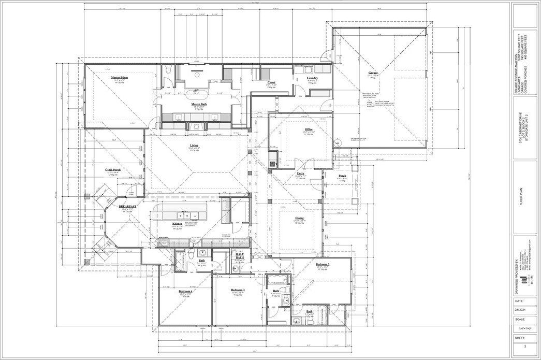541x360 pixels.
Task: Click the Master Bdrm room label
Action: point(120,77)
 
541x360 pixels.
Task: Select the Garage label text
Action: point(373,73)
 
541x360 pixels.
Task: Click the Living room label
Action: point(194,146)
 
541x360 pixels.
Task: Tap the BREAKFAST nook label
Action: point(127,206)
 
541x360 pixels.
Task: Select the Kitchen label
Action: point(178,224)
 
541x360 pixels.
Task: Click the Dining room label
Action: point(299,218)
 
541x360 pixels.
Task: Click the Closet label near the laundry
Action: point(271,82)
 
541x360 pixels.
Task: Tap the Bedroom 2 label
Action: point(323,264)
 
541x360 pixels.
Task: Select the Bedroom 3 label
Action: point(238,290)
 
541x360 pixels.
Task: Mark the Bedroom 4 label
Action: point(186,291)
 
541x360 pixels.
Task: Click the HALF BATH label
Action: point(240,256)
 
